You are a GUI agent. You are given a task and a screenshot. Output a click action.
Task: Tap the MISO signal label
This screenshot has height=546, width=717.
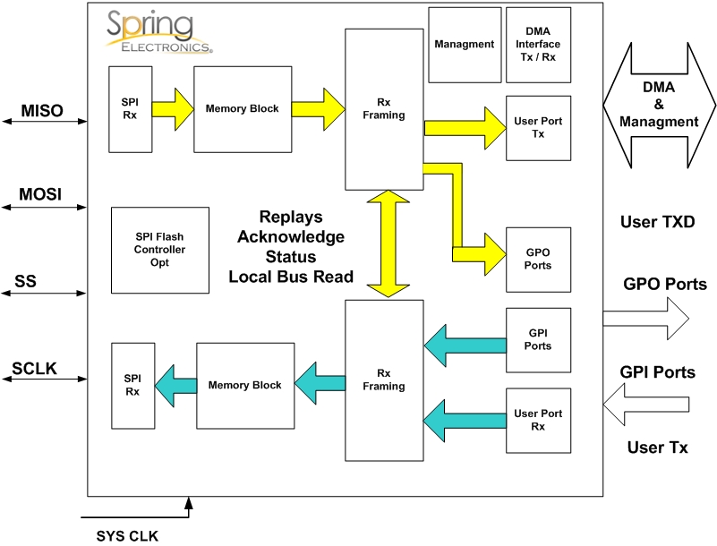click(x=42, y=111)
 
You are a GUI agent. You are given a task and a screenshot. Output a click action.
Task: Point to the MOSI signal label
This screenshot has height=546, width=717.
click(x=41, y=194)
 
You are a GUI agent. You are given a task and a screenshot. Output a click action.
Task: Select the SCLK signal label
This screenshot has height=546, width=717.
click(x=35, y=369)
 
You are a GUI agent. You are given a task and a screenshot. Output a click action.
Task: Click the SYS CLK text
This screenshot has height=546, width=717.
click(x=127, y=536)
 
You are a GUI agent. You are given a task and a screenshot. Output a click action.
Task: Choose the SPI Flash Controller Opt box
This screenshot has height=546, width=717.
click(x=159, y=250)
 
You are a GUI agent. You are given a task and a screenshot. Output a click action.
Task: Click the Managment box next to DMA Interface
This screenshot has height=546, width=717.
click(x=464, y=44)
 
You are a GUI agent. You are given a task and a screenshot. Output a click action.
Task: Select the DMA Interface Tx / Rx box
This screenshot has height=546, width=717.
click(x=538, y=44)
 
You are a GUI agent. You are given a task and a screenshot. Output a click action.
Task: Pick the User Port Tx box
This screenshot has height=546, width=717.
click(x=538, y=128)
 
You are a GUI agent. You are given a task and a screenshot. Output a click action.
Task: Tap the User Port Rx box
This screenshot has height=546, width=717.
click(x=538, y=420)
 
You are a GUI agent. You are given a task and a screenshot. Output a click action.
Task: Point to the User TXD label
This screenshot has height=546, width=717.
click(x=657, y=221)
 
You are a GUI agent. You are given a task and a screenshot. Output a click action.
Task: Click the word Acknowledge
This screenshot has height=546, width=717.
click(x=291, y=237)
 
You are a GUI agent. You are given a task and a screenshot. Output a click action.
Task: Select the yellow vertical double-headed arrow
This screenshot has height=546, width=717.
click(x=386, y=243)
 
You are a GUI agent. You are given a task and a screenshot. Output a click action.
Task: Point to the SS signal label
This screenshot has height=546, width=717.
click(x=25, y=284)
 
